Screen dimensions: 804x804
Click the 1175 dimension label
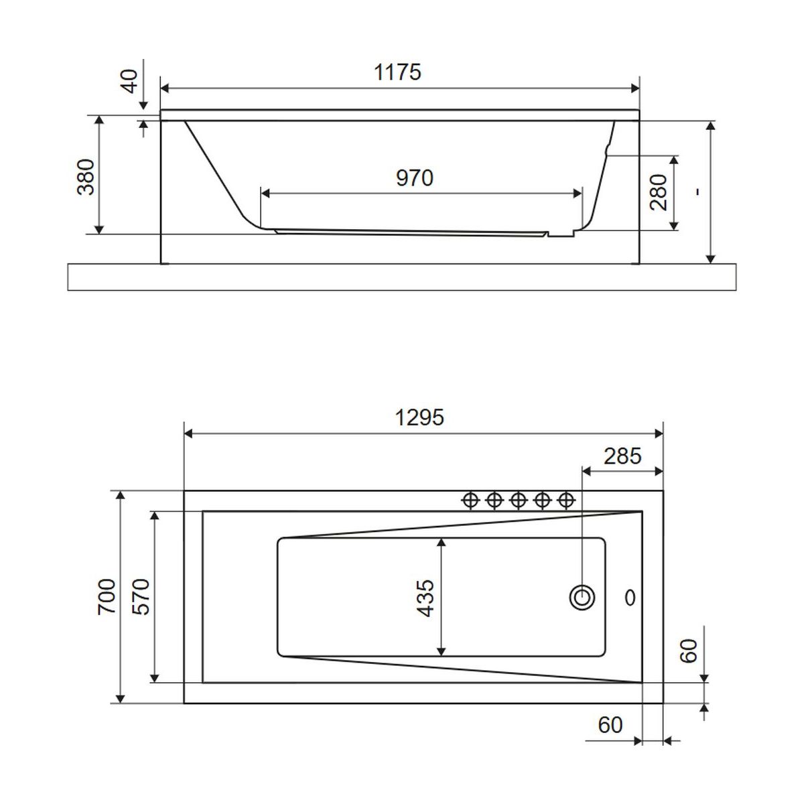pyautogui.click(x=397, y=72)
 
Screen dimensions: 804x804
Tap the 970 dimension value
pyautogui.click(x=414, y=178)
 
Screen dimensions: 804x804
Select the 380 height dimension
pyautogui.click(x=86, y=177)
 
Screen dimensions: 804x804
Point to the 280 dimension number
pyautogui.click(x=659, y=192)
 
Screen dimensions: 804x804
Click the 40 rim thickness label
pyautogui.click(x=131, y=81)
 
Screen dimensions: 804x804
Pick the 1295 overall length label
pyautogui.click(x=419, y=417)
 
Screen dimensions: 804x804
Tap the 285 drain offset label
pyautogui.click(x=622, y=456)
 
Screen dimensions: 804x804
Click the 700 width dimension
pyautogui.click(x=107, y=596)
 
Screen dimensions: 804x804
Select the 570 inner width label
pyautogui.click(x=141, y=596)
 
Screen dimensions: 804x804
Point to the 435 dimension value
pyautogui.click(x=425, y=598)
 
